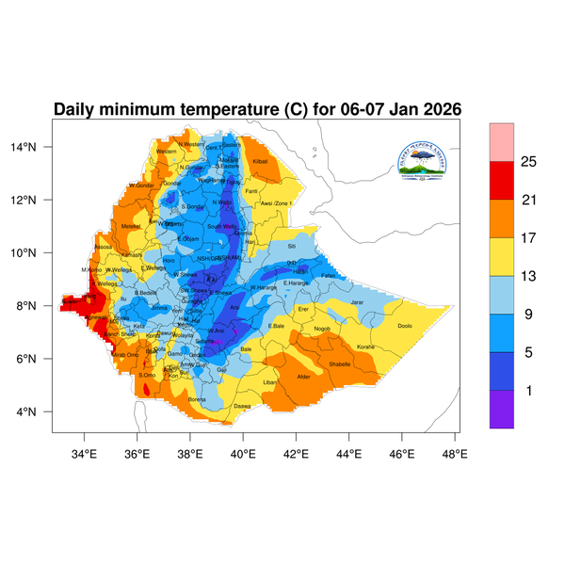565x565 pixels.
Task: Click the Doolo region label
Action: [405, 326]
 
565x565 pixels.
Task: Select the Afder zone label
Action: [303, 377]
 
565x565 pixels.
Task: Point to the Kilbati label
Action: [261, 162]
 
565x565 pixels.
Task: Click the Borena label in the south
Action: [197, 399]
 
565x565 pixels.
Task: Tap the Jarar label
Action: [356, 302]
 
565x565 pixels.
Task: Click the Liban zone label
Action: [270, 382]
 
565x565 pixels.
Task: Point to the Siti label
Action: [291, 246]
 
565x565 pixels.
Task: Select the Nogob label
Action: [322, 329]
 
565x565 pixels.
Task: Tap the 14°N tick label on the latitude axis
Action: [36, 147]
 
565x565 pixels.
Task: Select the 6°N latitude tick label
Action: [39, 359]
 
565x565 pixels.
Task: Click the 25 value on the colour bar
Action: [528, 162]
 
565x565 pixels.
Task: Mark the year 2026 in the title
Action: [438, 109]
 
